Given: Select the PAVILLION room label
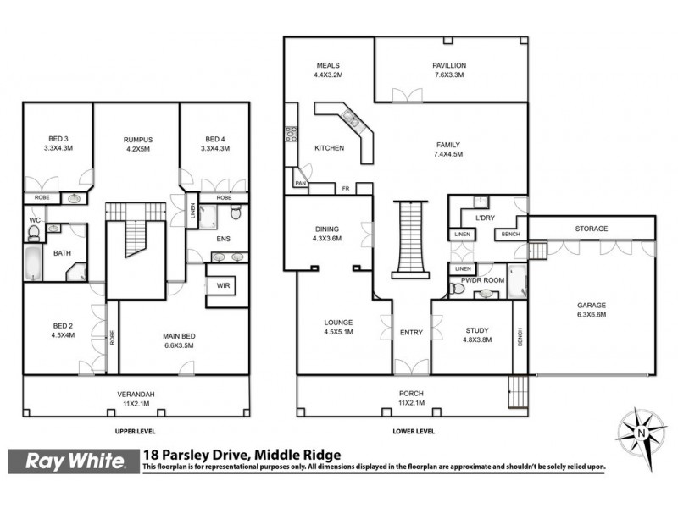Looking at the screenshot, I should tap(450, 65).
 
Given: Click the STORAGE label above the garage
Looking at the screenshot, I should tap(592, 228).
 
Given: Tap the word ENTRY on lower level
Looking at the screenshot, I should tap(411, 332).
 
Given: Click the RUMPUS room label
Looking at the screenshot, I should tap(136, 139).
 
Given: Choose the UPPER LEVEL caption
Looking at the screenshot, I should tap(136, 431).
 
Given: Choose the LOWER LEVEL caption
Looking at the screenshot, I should tap(414, 431).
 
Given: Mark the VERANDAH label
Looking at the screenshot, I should tap(136, 394).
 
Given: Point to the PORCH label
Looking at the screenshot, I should tap(411, 393).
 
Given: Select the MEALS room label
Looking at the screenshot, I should tap(328, 65).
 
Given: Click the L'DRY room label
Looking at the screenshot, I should tap(485, 218).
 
